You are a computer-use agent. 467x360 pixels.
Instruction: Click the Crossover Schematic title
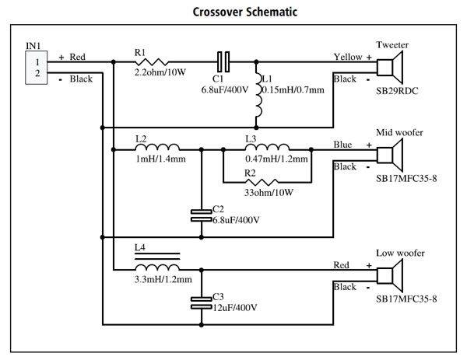point(233,13)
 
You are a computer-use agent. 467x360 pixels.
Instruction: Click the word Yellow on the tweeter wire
point(347,57)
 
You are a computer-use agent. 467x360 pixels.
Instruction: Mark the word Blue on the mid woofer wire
point(343,144)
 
